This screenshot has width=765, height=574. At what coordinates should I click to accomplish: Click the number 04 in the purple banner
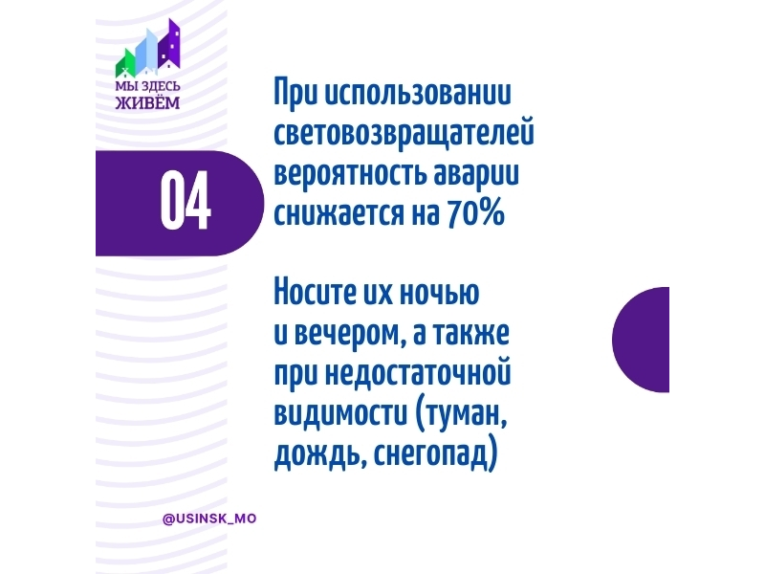click(186, 201)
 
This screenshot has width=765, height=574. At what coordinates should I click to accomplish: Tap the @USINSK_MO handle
click(209, 519)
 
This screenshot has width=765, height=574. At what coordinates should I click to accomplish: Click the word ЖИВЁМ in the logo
click(148, 102)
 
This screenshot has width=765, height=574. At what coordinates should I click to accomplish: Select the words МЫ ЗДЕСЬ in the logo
click(148, 86)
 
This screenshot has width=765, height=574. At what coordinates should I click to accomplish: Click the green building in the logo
click(125, 64)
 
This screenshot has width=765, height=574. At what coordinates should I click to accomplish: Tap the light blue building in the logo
click(146, 50)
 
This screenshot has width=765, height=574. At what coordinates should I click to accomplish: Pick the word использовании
click(418, 91)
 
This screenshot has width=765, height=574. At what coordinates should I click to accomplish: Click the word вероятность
click(351, 173)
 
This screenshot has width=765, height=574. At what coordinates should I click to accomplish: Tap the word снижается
click(339, 213)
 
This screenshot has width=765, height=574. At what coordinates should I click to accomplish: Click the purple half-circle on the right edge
click(641, 340)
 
